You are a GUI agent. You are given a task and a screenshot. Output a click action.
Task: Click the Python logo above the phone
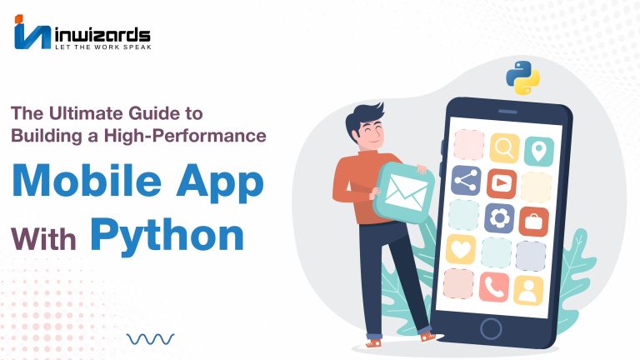click(522, 77)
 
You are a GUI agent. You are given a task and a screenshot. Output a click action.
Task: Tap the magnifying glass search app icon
click(504, 147)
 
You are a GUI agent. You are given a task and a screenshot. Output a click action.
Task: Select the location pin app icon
click(539, 152)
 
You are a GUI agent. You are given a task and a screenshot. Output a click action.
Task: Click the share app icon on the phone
click(466, 180)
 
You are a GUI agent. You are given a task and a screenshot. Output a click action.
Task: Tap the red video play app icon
click(502, 183)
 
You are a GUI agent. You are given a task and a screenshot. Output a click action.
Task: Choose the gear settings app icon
click(499, 218)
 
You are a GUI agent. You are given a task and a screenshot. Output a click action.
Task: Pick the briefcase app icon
click(533, 222)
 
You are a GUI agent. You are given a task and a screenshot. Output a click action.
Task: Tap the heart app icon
click(461, 249)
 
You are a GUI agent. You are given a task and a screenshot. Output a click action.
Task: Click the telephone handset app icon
click(494, 287)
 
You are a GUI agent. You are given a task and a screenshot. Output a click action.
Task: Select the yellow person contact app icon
click(528, 291)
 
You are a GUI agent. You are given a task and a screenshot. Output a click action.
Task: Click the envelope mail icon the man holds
click(403, 192)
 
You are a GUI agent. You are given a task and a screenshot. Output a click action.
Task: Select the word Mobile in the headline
click(87, 181)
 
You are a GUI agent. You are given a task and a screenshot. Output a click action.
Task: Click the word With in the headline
click(43, 239)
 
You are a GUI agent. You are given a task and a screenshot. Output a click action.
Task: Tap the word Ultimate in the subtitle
click(86, 113)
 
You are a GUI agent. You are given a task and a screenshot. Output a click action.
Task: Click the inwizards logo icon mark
click(32, 32)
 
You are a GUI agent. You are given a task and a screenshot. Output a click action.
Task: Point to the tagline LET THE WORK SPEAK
click(102, 47)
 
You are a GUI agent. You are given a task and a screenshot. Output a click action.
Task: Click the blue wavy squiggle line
click(150, 339)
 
